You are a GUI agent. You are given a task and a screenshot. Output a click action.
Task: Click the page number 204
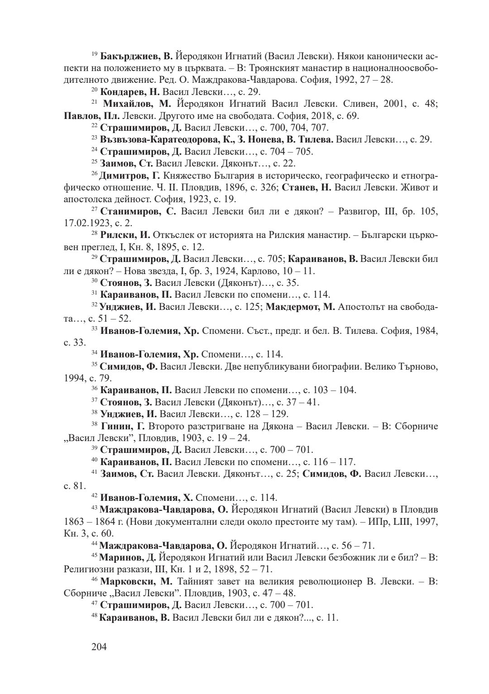pyautogui.click(x=99, y=647)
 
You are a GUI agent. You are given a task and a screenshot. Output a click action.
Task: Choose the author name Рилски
pyautogui.click(x=118, y=235)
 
